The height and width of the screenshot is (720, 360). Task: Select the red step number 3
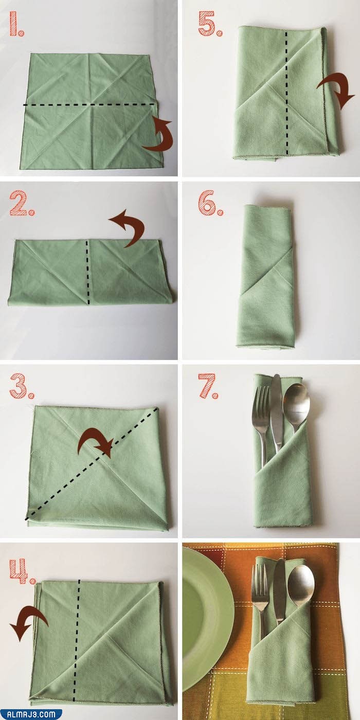[22, 386]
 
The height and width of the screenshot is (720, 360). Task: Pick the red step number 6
[210, 204]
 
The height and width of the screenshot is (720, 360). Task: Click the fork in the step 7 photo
[261, 427]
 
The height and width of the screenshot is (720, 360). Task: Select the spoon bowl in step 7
[296, 402]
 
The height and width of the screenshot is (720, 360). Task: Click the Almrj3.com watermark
[31, 714]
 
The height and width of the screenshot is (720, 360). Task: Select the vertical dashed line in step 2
[87, 272]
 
